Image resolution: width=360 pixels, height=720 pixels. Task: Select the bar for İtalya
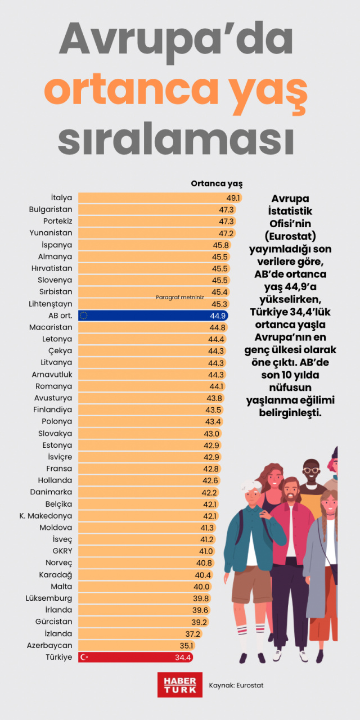click(152, 198)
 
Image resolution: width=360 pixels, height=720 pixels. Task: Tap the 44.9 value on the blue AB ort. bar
click(218, 316)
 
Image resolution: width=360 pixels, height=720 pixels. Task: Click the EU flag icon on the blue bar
click(84, 316)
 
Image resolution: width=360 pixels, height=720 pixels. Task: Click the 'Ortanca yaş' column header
click(217, 183)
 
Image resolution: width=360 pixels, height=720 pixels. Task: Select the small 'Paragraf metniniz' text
click(179, 298)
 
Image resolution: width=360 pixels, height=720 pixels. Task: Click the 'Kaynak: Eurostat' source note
click(236, 685)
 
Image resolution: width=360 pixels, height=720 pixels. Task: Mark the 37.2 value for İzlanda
click(192, 633)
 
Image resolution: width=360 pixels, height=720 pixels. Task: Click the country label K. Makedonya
click(46, 516)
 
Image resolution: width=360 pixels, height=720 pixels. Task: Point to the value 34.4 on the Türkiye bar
click(184, 657)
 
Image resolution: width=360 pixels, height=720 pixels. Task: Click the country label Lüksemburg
click(49, 598)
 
